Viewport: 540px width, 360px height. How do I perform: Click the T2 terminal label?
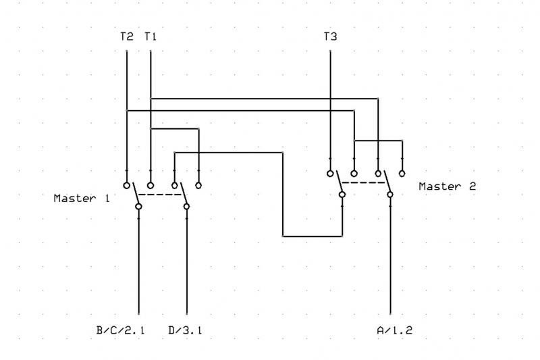point(127,36)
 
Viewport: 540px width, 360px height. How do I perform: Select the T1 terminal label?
point(151,36)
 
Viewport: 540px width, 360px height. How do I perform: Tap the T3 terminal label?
point(330,36)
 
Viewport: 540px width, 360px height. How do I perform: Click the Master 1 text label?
point(82,199)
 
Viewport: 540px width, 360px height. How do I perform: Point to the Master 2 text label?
point(448,186)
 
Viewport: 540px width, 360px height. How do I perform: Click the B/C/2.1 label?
point(120,330)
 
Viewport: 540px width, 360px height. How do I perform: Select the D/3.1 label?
point(185,330)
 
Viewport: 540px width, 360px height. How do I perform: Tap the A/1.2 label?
point(395,330)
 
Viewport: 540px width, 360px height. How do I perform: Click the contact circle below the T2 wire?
point(127,185)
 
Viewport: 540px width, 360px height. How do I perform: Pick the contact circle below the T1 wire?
point(151,185)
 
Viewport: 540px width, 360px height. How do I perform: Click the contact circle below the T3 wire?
point(330,174)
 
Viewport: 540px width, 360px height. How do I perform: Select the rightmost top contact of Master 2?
point(402,174)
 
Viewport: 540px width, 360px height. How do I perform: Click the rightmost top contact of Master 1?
point(198,185)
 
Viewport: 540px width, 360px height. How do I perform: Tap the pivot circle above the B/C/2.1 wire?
point(138,207)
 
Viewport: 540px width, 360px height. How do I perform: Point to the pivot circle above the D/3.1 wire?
point(186,207)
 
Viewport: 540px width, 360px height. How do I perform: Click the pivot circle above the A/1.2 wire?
point(390,195)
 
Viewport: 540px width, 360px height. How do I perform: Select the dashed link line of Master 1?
point(160,195)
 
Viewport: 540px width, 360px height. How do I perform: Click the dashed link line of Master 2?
point(363,182)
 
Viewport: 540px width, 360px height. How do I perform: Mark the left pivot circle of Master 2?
point(342,195)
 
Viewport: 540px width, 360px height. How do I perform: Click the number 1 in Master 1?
point(107,199)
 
